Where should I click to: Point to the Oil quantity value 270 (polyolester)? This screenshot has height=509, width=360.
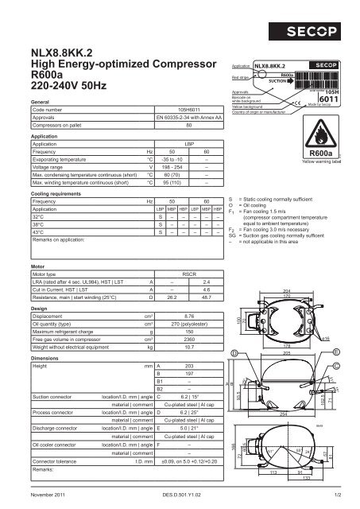coord(188,325)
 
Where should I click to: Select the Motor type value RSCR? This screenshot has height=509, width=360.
coord(188,273)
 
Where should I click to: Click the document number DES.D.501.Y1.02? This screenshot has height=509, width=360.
coord(182,496)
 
